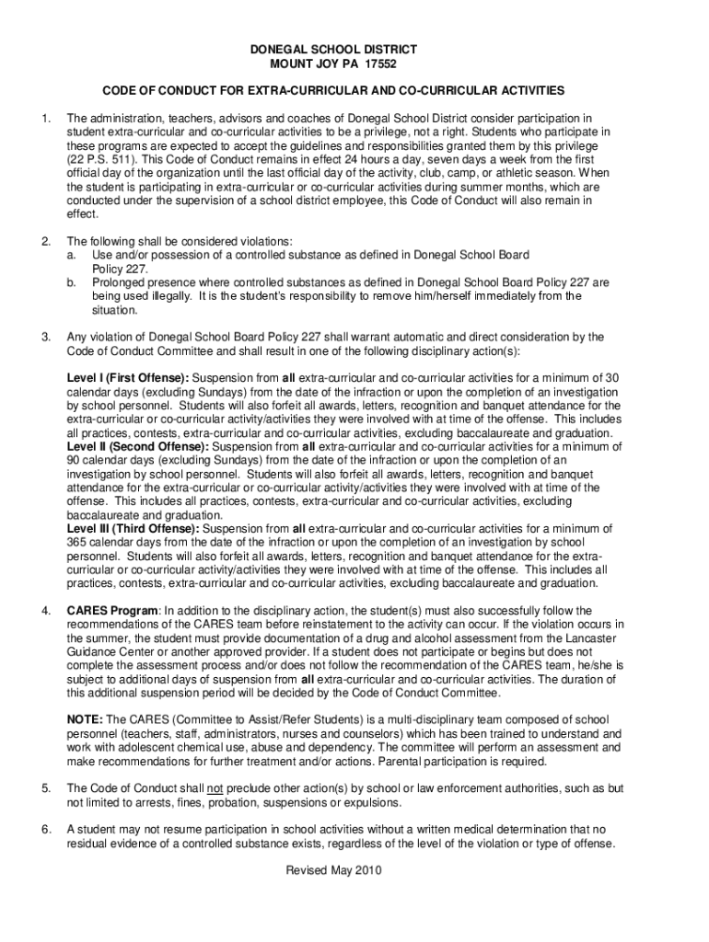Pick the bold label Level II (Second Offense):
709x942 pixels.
pyautogui.click(x=138, y=446)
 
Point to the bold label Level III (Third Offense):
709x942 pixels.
pyautogui.click(x=133, y=529)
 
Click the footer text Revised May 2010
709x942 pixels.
pyautogui.click(x=333, y=871)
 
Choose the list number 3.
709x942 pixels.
pyautogui.click(x=45, y=337)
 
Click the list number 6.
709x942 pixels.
pyautogui.click(x=45, y=831)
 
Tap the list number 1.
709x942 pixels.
pyautogui.click(x=45, y=119)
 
